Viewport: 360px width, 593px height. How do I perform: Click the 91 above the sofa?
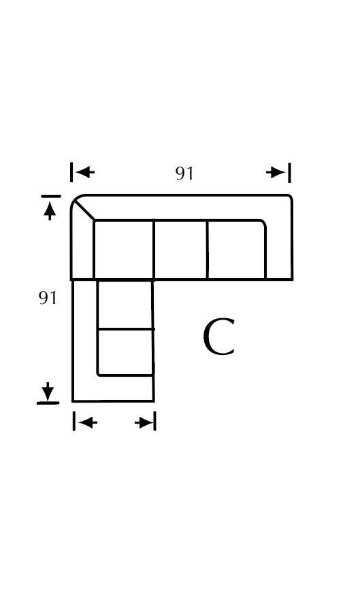point(184,173)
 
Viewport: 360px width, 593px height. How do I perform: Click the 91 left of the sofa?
point(48,298)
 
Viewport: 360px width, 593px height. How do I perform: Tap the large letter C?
point(219,337)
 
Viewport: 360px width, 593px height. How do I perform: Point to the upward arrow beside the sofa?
point(50,211)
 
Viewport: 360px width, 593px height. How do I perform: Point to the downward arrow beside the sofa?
point(48,391)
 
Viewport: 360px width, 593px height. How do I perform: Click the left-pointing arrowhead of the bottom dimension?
point(88,422)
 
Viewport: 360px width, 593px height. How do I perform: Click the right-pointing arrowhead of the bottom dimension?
point(144,422)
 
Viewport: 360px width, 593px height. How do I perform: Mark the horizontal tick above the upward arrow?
point(51,197)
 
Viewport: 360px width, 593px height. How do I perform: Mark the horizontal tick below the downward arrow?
point(48,403)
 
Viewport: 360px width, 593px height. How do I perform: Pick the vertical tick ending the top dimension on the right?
point(290,173)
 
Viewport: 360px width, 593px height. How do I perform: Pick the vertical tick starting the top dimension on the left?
point(71,172)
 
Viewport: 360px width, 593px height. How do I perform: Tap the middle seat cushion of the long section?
point(180,250)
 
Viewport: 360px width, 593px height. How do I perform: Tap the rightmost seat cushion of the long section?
point(237,250)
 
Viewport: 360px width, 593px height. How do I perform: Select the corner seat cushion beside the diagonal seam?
point(124,250)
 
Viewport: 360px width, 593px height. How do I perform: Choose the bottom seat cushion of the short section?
point(125,352)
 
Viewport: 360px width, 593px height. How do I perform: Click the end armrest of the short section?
point(114,388)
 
